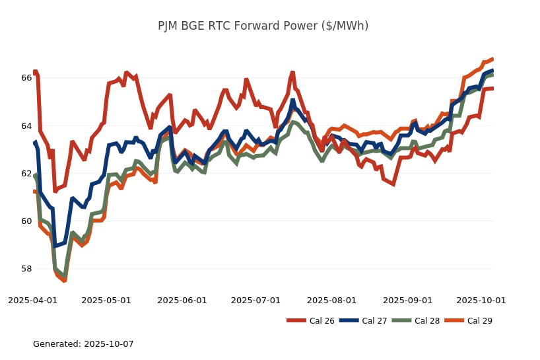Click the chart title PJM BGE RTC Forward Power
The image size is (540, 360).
tap(263, 26)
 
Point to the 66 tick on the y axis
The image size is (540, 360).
tap(26, 78)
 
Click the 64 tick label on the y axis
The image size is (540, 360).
tap(26, 126)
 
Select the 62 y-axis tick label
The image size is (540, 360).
tap(26, 174)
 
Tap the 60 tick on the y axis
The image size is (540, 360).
tap(26, 221)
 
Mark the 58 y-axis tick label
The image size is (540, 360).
tap(26, 269)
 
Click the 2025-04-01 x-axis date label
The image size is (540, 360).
tap(32, 300)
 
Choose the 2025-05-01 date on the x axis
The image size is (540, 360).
tap(106, 300)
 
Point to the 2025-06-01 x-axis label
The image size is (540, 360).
tap(182, 300)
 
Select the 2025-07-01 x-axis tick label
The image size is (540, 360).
tap(255, 300)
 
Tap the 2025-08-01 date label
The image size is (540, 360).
tap(331, 300)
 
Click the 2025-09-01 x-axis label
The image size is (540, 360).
tap(407, 300)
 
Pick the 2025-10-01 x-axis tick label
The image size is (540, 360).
tap(481, 300)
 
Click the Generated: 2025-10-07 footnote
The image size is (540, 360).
tap(83, 344)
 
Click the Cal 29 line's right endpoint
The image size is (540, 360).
tap(492, 59)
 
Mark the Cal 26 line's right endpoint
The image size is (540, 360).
tap(492, 89)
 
